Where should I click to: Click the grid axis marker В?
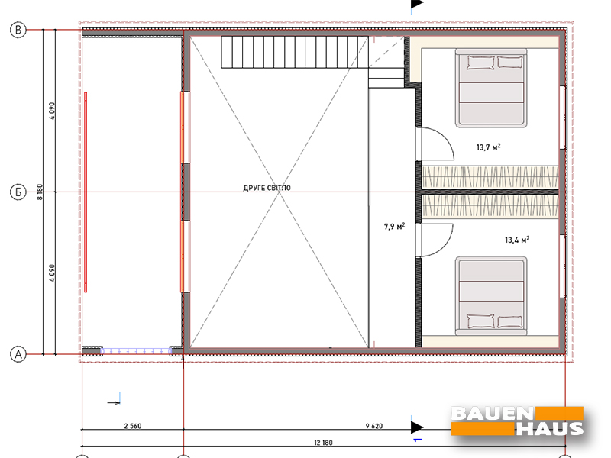(18, 30)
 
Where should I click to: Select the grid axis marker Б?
(18, 192)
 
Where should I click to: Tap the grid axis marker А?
(18, 354)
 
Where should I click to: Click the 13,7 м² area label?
(488, 147)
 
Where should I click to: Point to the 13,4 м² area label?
(517, 240)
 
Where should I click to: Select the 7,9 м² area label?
(394, 226)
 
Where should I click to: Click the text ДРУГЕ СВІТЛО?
(267, 188)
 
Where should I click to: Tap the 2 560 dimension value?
(132, 426)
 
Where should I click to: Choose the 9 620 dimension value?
(374, 426)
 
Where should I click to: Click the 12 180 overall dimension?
(323, 443)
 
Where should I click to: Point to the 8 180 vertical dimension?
(40, 192)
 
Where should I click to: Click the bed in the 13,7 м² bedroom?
(491, 88)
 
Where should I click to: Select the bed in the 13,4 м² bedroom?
(491, 296)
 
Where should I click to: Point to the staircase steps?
(295, 52)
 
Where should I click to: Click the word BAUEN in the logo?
(493, 414)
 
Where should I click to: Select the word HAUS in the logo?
(550, 428)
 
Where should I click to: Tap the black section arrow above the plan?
(417, 4)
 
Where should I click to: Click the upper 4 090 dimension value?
(52, 111)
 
